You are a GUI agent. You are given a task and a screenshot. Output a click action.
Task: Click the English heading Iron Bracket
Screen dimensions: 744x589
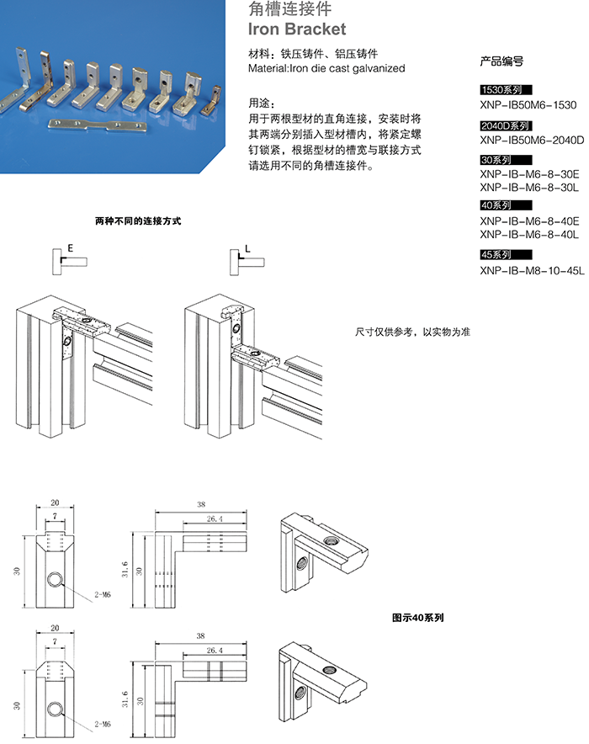[298, 29]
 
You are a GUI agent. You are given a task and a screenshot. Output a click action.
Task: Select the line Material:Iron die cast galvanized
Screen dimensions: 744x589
[327, 67]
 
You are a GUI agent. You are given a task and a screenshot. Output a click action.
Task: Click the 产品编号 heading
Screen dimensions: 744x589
[501, 61]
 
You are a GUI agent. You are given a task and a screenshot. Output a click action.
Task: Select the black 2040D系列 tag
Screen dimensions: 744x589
[503, 125]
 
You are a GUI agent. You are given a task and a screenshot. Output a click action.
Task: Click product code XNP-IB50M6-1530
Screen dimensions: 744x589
[528, 104]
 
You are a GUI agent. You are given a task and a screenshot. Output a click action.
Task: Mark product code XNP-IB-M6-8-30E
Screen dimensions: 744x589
[529, 174]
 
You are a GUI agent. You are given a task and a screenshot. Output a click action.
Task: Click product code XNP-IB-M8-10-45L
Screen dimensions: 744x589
[532, 270]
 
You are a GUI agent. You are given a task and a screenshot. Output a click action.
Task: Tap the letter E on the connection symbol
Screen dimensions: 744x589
[71, 250]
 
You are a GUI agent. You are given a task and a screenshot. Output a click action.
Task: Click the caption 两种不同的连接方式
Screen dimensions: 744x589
[138, 221]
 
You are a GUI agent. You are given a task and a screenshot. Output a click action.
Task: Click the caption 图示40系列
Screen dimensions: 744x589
[418, 617]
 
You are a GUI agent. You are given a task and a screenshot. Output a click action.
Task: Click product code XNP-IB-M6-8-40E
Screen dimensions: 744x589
[529, 221]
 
